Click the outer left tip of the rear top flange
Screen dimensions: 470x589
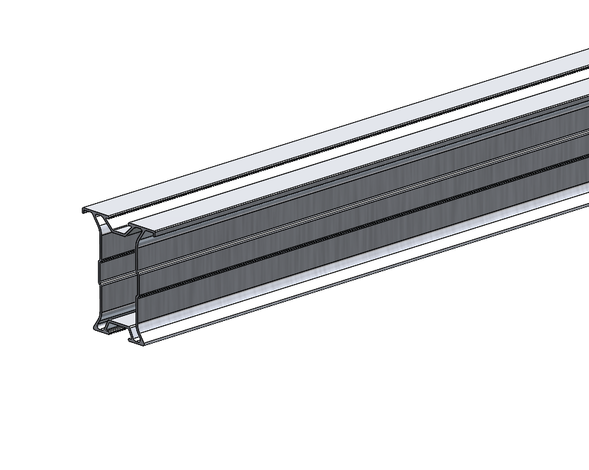(x=84, y=210)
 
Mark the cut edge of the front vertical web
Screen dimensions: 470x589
(x=137, y=284)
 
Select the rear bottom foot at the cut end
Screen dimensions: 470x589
(x=99, y=327)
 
